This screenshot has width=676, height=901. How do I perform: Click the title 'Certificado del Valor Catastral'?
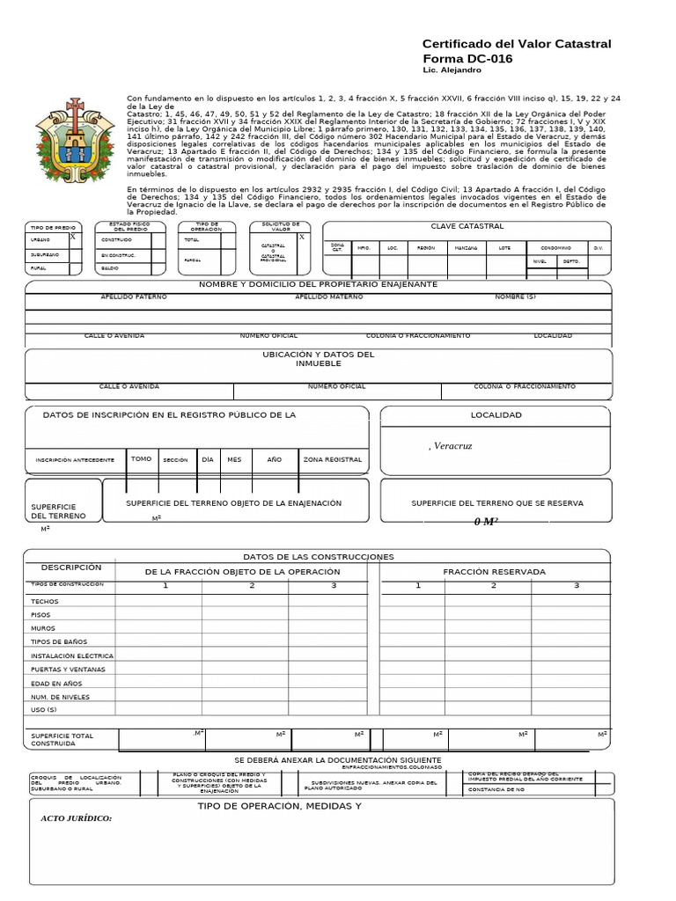[517, 44]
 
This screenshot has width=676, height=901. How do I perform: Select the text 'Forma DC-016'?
[467, 59]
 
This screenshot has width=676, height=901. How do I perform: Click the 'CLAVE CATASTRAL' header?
[467, 227]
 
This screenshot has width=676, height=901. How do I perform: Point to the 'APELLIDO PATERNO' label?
[134, 297]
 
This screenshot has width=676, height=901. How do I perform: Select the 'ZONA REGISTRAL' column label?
[332, 459]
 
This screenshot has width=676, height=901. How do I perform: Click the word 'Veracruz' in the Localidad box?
[453, 446]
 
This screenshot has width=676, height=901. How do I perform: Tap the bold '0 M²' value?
[486, 522]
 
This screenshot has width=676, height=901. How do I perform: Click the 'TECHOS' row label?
[44, 601]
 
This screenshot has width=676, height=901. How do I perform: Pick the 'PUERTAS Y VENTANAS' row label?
[68, 670]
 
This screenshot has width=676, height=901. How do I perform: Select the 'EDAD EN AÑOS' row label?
[56, 683]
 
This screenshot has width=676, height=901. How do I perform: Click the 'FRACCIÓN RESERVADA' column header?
[494, 572]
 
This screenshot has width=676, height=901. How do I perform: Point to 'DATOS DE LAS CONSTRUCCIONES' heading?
[318, 557]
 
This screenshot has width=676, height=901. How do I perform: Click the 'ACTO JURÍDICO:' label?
[77, 818]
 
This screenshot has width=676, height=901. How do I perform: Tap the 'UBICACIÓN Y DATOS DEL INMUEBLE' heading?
[318, 359]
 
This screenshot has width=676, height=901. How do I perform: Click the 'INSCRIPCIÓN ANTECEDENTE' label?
[75, 460]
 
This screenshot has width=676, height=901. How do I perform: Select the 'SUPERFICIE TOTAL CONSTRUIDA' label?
[62, 739]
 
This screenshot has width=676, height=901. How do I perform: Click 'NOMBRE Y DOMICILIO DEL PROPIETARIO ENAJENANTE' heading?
[318, 284]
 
